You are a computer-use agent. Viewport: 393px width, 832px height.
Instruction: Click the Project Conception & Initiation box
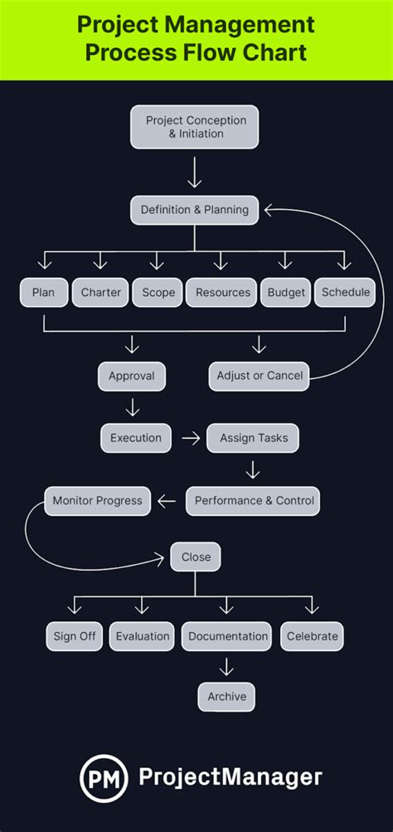[x=195, y=126]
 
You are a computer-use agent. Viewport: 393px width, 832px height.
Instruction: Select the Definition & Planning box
[x=195, y=210]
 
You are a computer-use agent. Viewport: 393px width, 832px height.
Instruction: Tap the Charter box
[x=101, y=292]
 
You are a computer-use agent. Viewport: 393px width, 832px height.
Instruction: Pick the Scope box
[x=158, y=292]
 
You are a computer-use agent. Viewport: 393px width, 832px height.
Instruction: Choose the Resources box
[x=222, y=292]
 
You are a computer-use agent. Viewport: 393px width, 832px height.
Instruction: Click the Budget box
[x=286, y=292]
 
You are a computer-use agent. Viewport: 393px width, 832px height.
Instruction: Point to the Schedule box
[x=346, y=292]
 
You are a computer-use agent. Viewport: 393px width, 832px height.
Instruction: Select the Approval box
[x=131, y=376]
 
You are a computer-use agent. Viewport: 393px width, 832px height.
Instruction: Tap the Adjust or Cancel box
[x=260, y=376]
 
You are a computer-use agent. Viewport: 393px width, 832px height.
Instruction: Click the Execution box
[x=136, y=438]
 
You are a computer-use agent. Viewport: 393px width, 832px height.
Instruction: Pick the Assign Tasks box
[x=253, y=438]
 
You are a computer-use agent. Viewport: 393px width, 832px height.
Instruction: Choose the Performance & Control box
[x=252, y=501]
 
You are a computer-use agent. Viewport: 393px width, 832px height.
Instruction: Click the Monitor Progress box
[x=97, y=501]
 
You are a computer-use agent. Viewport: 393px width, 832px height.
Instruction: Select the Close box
[x=196, y=557]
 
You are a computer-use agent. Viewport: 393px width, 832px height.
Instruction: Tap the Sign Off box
[x=75, y=636]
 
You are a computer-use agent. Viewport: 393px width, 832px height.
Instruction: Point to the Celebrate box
[x=312, y=636]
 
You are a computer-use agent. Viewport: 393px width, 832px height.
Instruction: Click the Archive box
[x=226, y=697]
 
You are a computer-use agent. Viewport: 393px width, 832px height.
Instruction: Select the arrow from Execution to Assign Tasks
[x=191, y=438]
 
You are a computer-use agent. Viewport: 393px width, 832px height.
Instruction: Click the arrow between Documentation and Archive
[x=226, y=666]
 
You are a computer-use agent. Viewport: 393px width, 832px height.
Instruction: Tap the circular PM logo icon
[x=103, y=778]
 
